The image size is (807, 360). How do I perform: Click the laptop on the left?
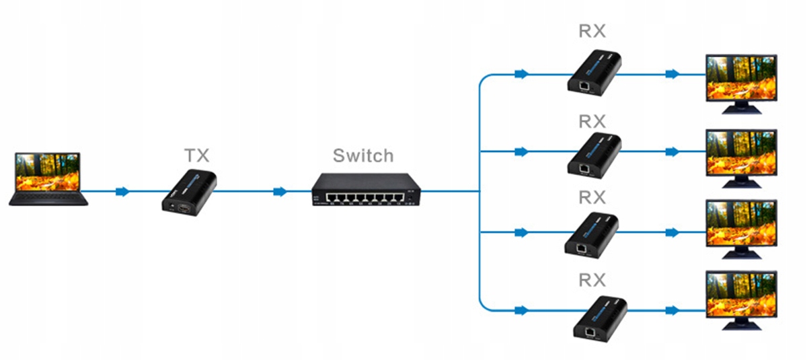pos(48,178)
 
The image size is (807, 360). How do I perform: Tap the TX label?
pos(197,156)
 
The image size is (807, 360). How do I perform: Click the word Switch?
pos(363,156)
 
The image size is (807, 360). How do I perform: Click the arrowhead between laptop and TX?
pos(122,192)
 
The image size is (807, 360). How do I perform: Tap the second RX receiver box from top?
pos(594,154)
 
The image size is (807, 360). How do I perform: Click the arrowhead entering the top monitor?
pos(671,74)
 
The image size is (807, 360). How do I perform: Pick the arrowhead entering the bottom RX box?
pos(520,311)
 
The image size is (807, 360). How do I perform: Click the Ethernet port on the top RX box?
pos(585,85)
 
